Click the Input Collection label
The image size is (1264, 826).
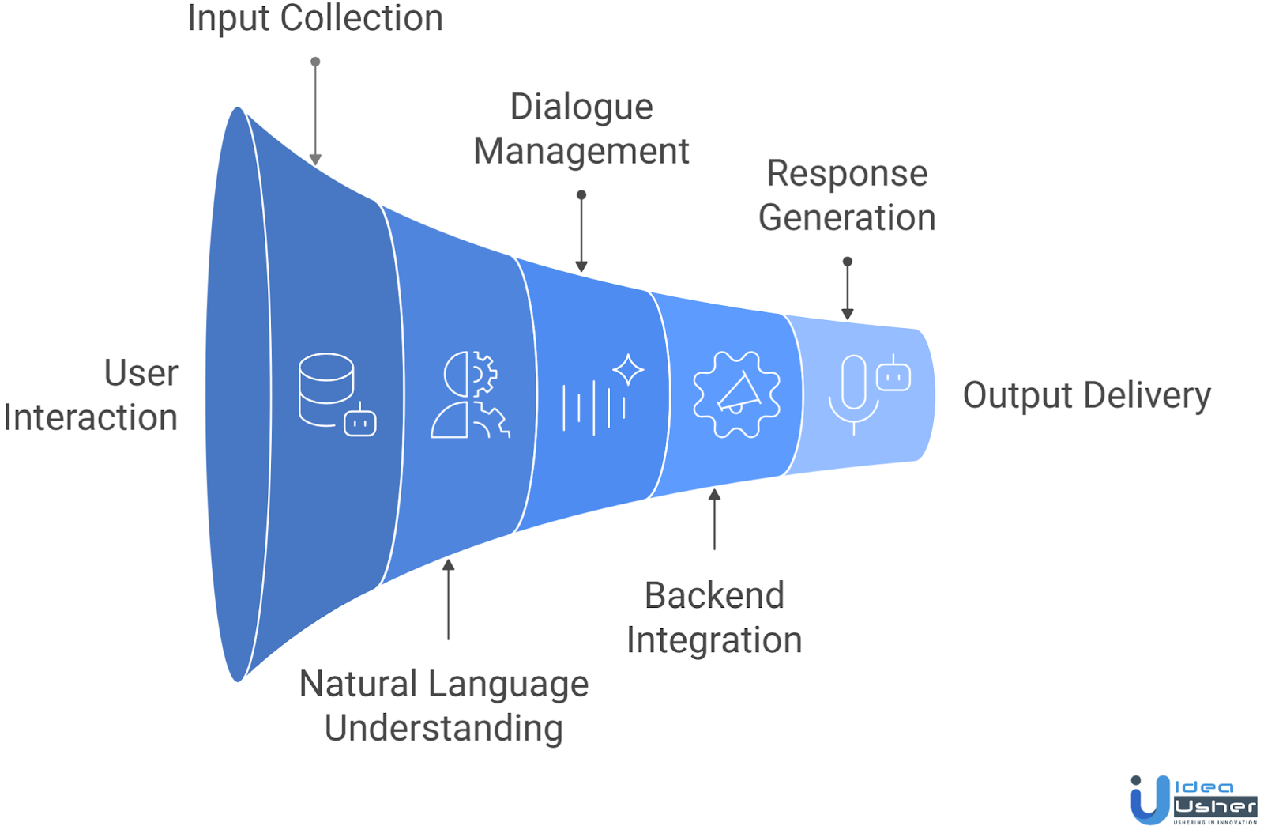(x=314, y=18)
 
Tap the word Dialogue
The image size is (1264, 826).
(x=581, y=107)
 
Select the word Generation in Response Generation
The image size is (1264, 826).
(x=847, y=217)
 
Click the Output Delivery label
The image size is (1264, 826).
(x=1086, y=395)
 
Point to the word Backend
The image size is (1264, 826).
(x=714, y=595)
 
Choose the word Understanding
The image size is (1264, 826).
(x=443, y=728)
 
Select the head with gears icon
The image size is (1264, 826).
(x=470, y=394)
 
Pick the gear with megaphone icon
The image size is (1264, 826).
(x=736, y=394)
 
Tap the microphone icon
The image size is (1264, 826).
(x=853, y=393)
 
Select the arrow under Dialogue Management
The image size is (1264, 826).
(x=581, y=232)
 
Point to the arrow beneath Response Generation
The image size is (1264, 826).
(x=847, y=289)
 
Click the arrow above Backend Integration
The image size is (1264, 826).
(x=714, y=519)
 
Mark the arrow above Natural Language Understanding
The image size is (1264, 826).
(x=448, y=598)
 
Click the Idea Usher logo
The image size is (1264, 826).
(x=1193, y=800)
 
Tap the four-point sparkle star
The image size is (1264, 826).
(x=628, y=370)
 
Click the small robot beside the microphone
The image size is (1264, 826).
(x=893, y=375)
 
